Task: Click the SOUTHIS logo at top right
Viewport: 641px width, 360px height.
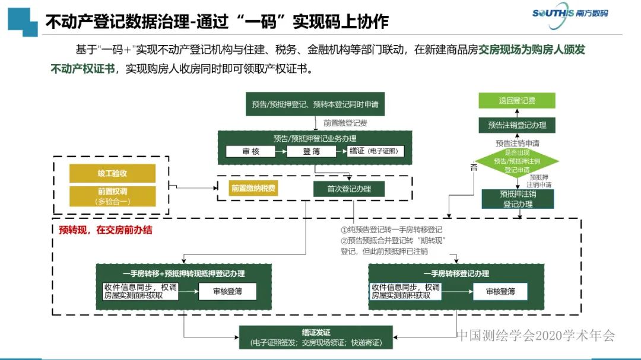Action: [570, 13]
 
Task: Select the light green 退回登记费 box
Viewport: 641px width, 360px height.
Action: [517, 101]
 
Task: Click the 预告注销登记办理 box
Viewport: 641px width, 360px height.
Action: [517, 125]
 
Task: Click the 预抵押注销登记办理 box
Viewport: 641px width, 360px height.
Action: [517, 199]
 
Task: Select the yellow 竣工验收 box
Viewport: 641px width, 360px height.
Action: [112, 173]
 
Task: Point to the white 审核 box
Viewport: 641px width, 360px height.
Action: [251, 151]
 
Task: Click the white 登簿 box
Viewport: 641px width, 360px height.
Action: [312, 151]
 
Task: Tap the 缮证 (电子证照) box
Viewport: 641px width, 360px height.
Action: [375, 151]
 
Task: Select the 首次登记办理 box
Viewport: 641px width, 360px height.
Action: [349, 189]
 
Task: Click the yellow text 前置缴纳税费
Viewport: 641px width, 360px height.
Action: [253, 188]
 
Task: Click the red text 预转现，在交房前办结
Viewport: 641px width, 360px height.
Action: [106, 230]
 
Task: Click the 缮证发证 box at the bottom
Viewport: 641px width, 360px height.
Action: [316, 337]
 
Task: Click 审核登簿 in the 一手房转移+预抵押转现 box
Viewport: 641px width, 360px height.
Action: [227, 291]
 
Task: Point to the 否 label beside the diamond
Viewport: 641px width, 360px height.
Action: [474, 168]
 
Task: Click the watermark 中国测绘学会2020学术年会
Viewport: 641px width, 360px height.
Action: [536, 336]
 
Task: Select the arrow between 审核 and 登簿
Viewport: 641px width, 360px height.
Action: [281, 151]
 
